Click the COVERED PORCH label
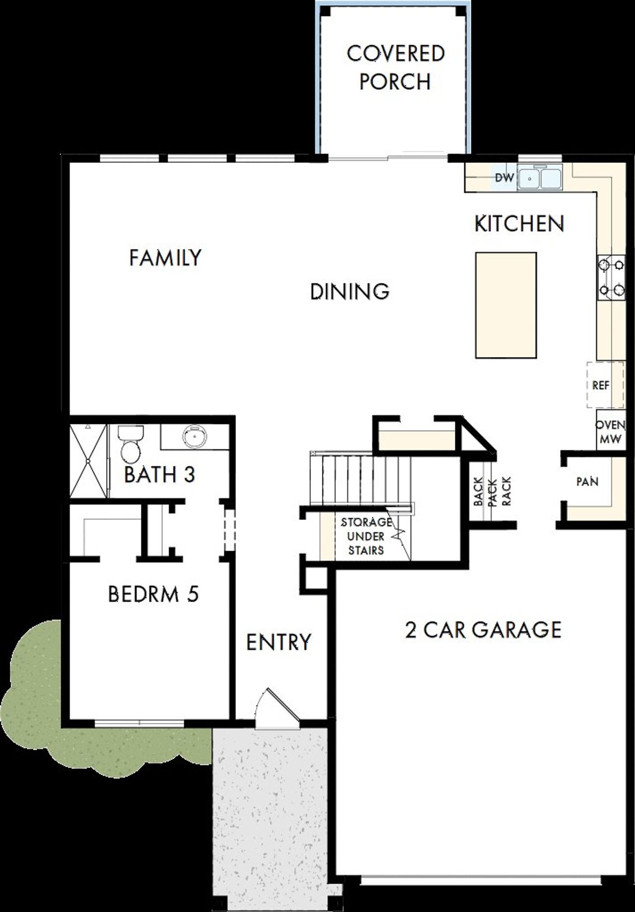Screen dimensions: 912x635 pos(395,68)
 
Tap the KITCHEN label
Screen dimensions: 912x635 pos(519,224)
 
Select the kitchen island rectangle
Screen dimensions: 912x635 pos(506,305)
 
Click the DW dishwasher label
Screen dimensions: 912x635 pos(504,177)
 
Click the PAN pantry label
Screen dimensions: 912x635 pos(587,482)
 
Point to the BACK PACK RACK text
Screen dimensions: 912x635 pos(492,491)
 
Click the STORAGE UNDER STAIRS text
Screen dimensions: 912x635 pos(366,536)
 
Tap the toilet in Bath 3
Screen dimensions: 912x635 pos(130,443)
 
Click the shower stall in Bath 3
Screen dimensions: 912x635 pos(88,460)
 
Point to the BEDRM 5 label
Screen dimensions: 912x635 pos(153,594)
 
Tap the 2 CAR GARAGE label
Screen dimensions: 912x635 pos(483,630)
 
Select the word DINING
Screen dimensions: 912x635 pos(350,291)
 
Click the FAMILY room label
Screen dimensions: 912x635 pos(165,258)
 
